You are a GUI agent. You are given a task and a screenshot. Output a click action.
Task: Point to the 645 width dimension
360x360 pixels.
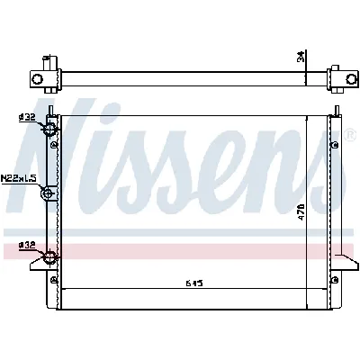[x=193, y=283]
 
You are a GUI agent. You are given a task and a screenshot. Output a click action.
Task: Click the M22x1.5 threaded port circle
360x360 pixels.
[x=50, y=192]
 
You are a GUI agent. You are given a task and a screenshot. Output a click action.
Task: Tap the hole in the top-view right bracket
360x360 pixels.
[x=340, y=79]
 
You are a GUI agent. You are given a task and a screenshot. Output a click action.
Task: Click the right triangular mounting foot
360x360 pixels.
[x=346, y=263]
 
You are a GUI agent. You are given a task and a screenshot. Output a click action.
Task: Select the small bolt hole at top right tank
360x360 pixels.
[x=334, y=144]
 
